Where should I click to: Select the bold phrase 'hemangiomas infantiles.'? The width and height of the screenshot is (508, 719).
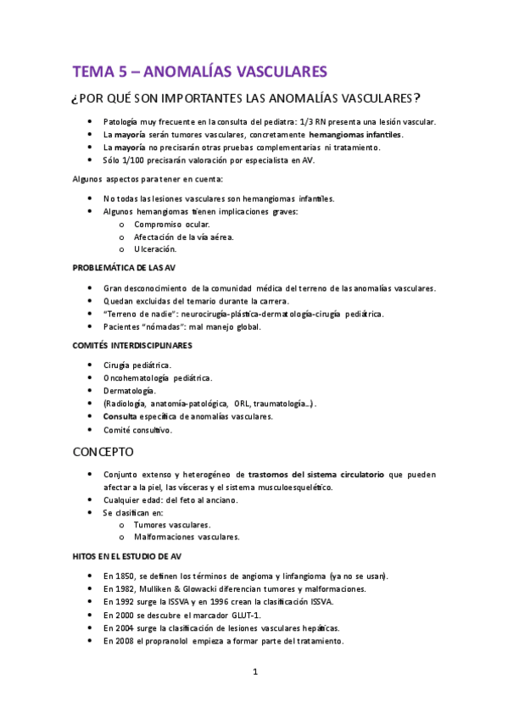point(356,134)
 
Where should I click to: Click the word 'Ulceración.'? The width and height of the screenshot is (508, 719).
point(155,249)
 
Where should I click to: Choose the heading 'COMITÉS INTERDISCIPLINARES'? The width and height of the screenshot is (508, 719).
point(131,345)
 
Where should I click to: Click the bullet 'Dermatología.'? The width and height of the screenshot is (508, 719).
point(130,390)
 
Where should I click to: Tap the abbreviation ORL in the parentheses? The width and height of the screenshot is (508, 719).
point(254,404)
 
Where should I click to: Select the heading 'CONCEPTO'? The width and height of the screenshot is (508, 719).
point(103,452)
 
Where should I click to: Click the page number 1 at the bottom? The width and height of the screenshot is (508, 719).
point(254,672)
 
